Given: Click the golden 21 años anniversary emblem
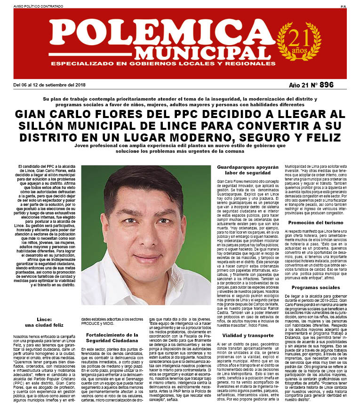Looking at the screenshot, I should tap(297, 41).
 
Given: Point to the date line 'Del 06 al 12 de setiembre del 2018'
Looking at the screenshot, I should tap(49, 85).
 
